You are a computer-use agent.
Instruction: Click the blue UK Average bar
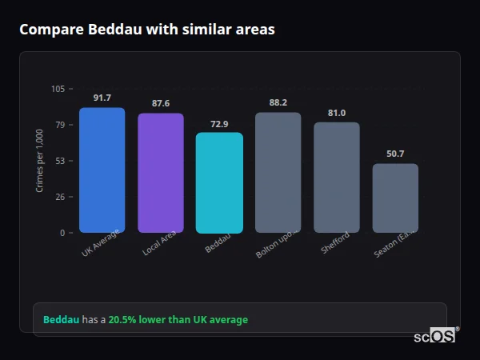pos(102,170)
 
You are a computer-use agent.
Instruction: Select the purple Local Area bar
pos(161,173)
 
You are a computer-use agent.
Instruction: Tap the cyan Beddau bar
pos(219,183)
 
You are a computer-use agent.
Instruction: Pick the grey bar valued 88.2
pos(278,173)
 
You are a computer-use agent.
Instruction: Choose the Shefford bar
pos(337,178)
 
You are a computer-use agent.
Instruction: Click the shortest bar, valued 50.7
pos(395,198)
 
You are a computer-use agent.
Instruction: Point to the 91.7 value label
pos(102,98)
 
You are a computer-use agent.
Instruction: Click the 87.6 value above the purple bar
pos(161,103)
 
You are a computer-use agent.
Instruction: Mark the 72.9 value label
pos(219,123)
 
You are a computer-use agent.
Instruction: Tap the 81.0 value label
pos(337,113)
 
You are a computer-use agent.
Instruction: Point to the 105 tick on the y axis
pos(58,89)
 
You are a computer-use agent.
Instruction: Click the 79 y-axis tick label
pos(61,125)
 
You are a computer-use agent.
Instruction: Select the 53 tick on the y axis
pos(61,161)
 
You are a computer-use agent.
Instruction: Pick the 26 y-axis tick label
pos(61,197)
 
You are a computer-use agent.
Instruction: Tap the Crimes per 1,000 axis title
pos(40,161)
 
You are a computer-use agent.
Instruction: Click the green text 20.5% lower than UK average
pos(178,320)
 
